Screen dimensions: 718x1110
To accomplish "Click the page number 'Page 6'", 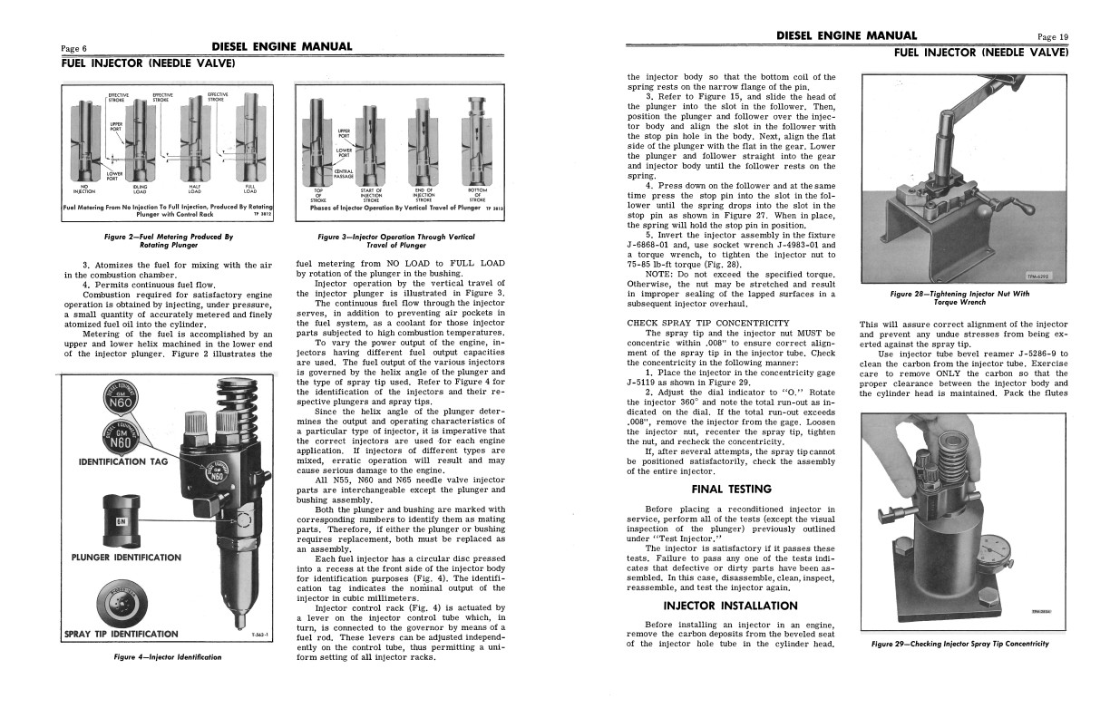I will (x=73, y=49).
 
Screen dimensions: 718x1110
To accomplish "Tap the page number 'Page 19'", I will (x=1053, y=37).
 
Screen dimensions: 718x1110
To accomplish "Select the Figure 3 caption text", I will (x=397, y=241).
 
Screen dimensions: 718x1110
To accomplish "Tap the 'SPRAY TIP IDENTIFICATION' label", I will (x=122, y=634).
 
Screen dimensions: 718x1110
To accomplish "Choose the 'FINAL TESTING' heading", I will (x=731, y=489).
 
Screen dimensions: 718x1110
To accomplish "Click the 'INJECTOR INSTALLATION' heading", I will (x=731, y=605).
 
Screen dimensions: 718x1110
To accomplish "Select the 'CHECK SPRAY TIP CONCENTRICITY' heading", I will (x=707, y=323).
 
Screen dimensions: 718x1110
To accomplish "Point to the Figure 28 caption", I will (x=959, y=297).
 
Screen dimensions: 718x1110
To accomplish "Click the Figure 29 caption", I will (x=959, y=644).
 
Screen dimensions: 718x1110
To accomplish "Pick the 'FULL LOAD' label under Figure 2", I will (x=249, y=189).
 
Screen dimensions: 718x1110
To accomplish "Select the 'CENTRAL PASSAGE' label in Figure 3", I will (x=344, y=173).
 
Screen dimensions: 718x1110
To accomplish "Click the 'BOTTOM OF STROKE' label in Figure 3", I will (x=477, y=194).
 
